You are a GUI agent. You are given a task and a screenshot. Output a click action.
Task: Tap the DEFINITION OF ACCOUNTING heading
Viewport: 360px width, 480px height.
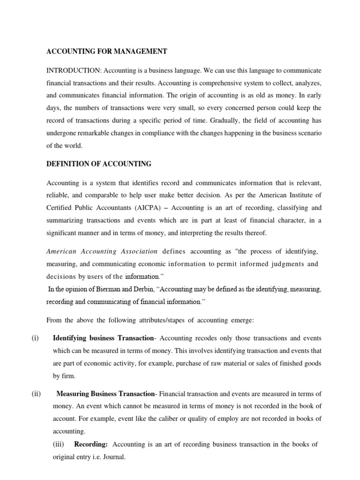click(x=98, y=164)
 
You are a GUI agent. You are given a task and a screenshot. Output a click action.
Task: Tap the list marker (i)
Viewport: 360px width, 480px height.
click(x=35, y=338)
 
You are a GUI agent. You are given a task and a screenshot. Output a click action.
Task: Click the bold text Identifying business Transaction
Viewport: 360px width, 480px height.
click(x=104, y=338)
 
